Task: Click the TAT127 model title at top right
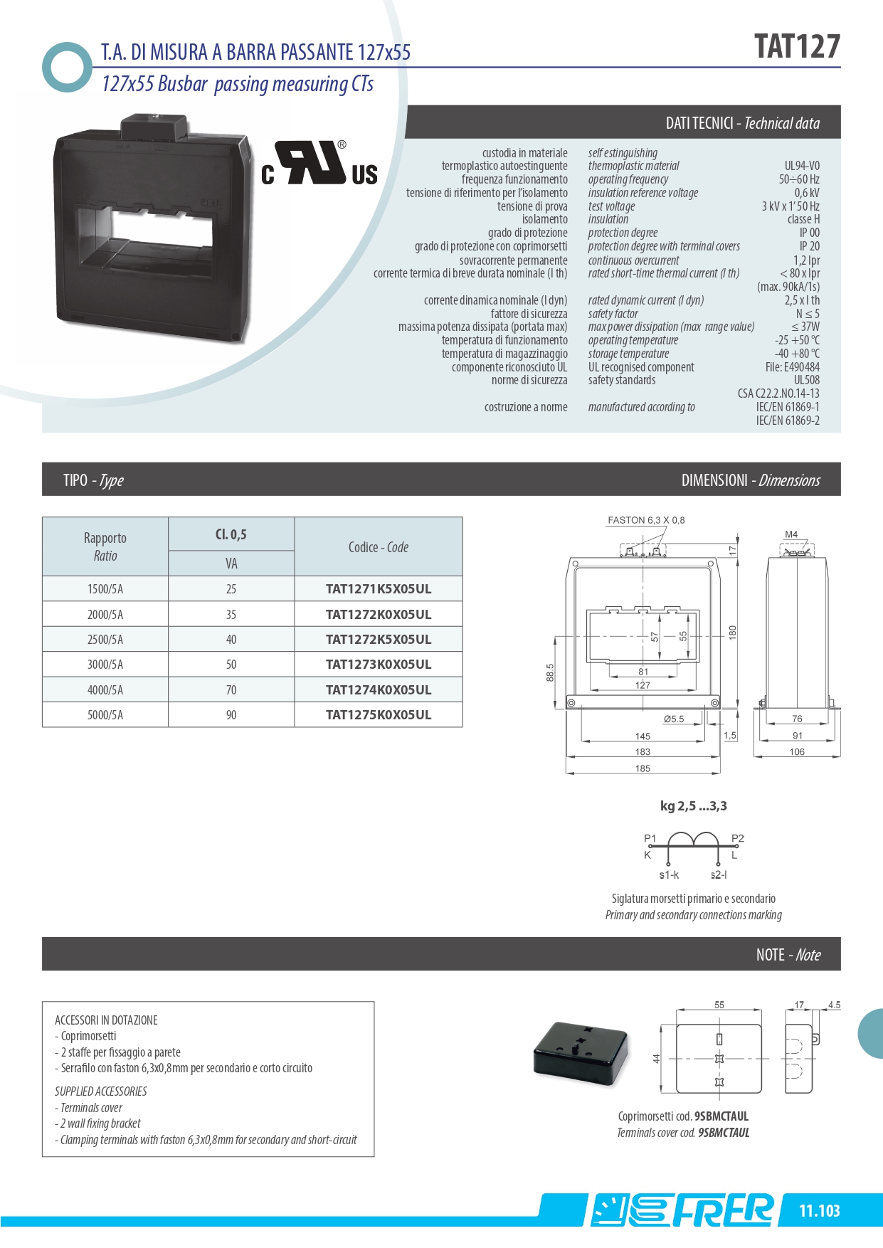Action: click(797, 47)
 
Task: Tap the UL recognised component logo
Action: click(319, 164)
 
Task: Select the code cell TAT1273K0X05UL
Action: click(379, 665)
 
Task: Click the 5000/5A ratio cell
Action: click(105, 715)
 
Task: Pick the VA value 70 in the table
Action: click(231, 690)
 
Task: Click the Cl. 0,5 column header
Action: click(231, 534)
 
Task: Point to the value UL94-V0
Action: click(802, 166)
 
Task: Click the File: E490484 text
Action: click(792, 367)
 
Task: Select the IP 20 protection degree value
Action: click(809, 246)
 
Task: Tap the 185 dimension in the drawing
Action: click(643, 768)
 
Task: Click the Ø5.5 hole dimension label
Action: click(673, 719)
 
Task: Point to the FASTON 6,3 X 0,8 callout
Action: click(646, 520)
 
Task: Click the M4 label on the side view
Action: click(791, 534)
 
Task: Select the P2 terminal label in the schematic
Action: click(738, 838)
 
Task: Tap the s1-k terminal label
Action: click(669, 875)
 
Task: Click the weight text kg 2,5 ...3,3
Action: click(694, 806)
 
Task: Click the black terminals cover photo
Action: click(581, 1051)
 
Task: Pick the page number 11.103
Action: click(819, 1211)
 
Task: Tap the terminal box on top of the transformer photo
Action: click(154, 128)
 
